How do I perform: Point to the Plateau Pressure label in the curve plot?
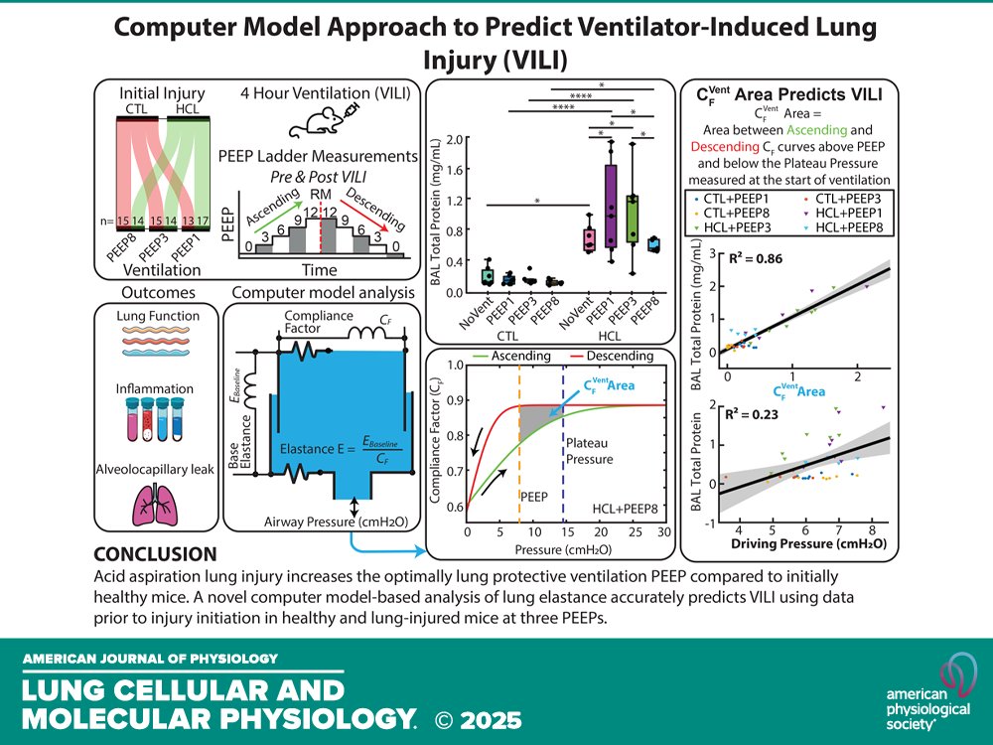coord(591,451)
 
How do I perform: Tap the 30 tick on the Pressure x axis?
coord(665,532)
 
